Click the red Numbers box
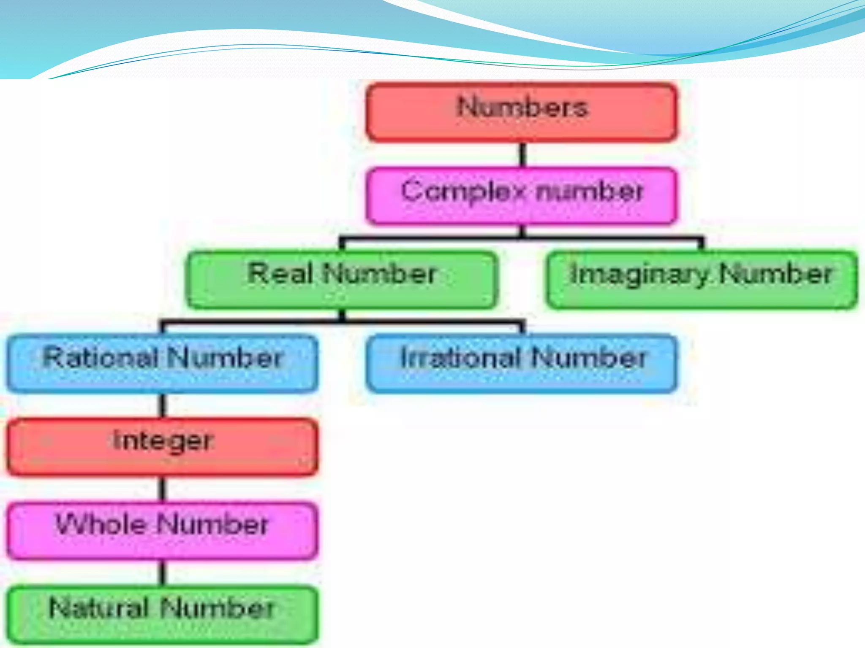(x=522, y=112)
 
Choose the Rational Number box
(x=163, y=363)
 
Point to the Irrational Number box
(x=522, y=363)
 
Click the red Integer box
(x=163, y=447)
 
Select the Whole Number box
(x=163, y=530)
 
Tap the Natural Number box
(x=163, y=614)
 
